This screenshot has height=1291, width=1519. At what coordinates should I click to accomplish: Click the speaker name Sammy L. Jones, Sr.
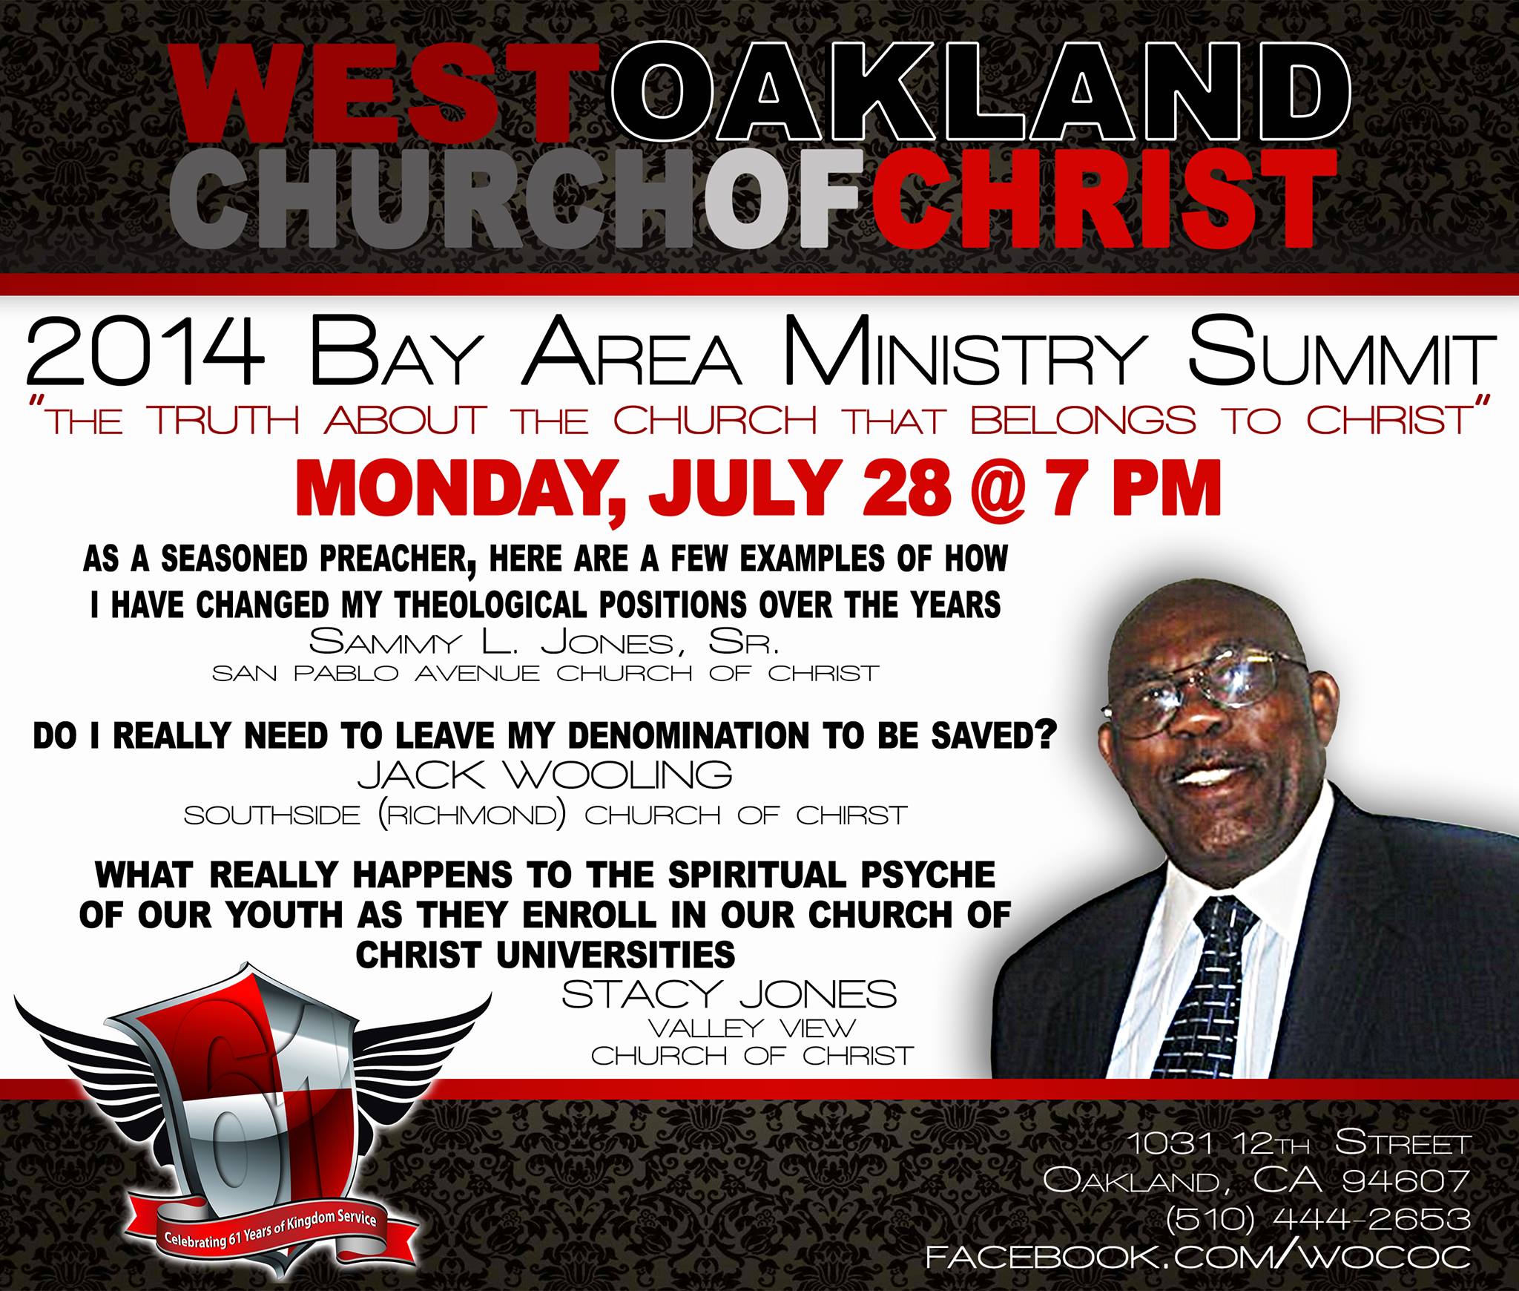point(544,641)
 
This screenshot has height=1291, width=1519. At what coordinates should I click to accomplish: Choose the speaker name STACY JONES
point(729,993)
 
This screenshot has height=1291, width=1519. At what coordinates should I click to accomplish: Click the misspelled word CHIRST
point(853,815)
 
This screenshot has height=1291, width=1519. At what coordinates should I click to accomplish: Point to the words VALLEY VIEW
point(752,1028)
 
